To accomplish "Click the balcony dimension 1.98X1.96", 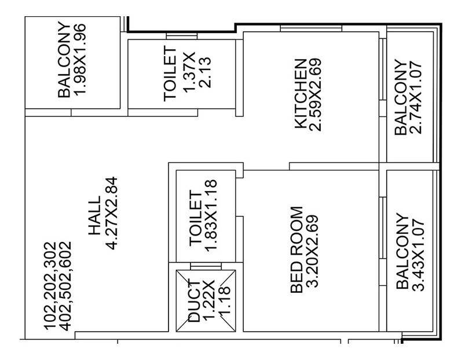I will coord(79,61).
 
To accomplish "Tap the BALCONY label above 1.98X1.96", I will coord(64,61).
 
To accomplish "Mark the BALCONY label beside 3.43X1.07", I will coord(400,254).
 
